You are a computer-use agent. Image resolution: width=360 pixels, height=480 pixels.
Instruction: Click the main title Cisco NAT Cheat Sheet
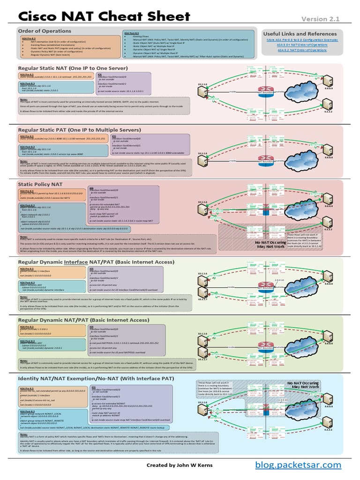tap(104, 17)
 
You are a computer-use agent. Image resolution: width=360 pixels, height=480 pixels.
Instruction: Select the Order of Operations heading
tap(45, 31)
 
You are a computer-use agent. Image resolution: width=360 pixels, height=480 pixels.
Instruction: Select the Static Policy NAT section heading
tap(40, 185)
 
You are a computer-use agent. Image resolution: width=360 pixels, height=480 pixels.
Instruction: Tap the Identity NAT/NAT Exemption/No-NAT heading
tap(96, 378)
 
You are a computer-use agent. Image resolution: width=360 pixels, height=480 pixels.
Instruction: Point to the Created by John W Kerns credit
tap(180, 465)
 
